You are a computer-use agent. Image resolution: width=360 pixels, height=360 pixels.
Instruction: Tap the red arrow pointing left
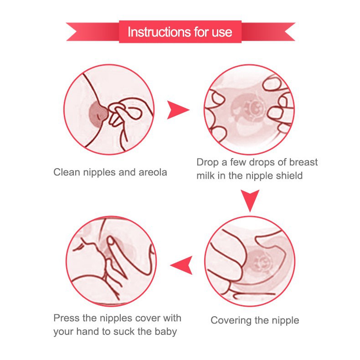181,265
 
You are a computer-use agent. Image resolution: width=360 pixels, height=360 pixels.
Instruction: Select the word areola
153,172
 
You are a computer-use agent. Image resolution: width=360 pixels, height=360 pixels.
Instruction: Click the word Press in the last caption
67,318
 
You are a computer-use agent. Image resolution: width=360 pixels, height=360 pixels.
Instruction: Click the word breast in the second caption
303,162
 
